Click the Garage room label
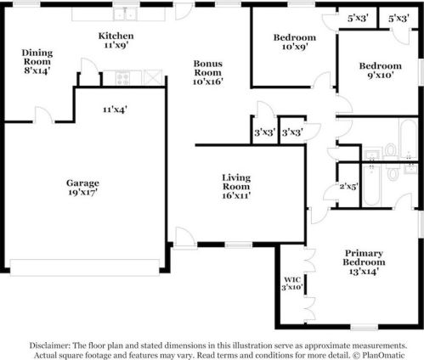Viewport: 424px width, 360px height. (83, 183)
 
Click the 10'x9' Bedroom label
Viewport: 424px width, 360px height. (295, 37)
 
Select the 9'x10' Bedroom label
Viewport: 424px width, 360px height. (380, 66)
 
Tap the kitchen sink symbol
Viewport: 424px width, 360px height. (128, 14)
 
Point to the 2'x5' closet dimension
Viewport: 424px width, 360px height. (348, 186)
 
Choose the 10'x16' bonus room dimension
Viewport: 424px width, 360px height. (208, 82)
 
